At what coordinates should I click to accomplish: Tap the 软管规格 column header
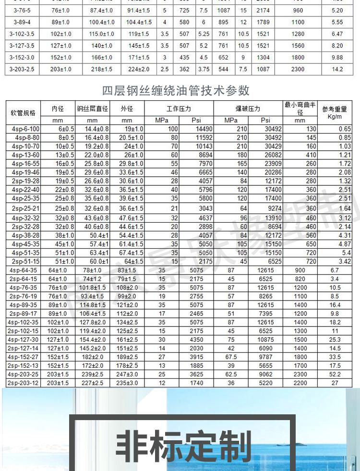[23, 113]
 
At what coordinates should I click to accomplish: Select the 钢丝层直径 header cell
[93, 109]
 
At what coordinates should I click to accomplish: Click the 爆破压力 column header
[248, 109]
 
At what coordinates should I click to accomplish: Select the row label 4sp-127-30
[23, 339]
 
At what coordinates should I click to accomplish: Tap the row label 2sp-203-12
[23, 383]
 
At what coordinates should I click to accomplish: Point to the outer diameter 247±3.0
[127, 374]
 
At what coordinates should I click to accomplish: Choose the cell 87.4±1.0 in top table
[102, 10]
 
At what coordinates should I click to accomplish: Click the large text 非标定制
[184, 446]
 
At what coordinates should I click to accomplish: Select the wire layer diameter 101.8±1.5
[93, 288]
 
